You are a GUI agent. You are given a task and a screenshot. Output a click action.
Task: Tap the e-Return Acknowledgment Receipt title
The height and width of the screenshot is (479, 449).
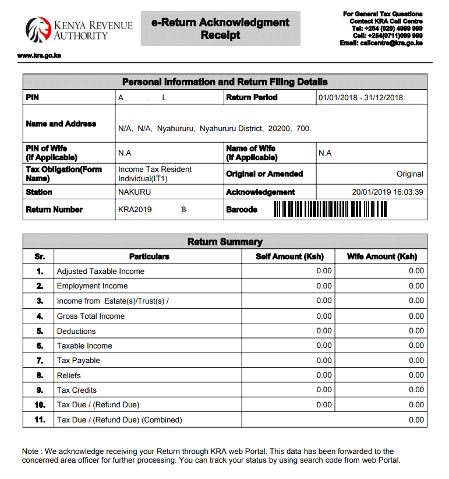(220, 29)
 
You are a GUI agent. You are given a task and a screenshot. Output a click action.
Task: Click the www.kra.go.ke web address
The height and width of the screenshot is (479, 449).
(39, 55)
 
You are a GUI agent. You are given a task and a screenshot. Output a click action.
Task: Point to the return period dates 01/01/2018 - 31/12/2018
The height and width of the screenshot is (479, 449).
(360, 97)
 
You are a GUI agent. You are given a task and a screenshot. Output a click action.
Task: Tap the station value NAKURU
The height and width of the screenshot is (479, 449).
(135, 192)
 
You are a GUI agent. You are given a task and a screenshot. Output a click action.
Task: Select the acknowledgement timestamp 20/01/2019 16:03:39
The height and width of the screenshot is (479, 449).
(387, 192)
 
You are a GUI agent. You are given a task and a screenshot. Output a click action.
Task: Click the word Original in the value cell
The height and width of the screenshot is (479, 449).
(409, 174)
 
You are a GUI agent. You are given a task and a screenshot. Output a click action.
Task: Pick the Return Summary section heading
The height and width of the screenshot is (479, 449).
(225, 242)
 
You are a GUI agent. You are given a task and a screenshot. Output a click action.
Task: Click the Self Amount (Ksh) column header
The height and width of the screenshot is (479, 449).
(289, 256)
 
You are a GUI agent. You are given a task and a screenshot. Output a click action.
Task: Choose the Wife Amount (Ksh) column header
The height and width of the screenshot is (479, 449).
(381, 256)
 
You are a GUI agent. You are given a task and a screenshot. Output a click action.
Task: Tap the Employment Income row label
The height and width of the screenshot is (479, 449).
(92, 286)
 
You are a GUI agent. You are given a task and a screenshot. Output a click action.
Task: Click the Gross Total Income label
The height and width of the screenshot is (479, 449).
(90, 316)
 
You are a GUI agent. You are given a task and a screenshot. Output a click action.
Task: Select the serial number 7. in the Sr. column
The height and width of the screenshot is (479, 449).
(40, 360)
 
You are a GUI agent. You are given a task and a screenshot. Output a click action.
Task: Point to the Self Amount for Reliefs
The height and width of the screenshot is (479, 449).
(324, 375)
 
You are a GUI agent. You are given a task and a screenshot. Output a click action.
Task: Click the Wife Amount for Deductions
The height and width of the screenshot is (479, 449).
(416, 331)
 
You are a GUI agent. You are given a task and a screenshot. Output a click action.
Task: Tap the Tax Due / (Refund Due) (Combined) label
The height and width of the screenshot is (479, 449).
(119, 420)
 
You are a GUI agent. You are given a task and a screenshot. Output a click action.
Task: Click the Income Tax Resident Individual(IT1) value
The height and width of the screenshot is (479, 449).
(155, 174)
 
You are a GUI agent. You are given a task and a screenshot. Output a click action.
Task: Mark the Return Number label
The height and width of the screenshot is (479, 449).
(54, 209)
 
